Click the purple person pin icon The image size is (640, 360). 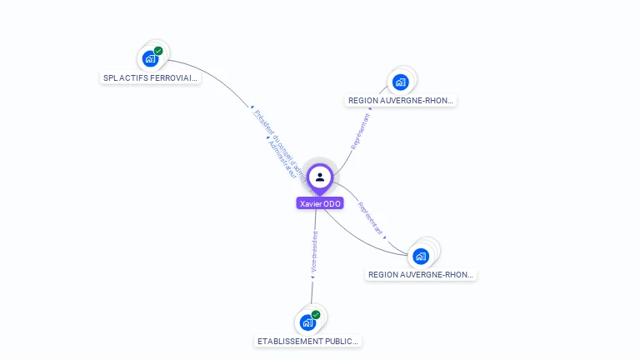point(320,177)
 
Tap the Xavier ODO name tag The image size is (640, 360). point(320,203)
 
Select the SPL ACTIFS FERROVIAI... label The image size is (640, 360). point(151,78)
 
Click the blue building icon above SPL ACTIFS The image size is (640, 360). point(150,58)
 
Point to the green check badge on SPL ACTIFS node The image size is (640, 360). point(158,51)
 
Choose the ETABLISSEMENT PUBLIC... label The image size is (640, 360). point(308,342)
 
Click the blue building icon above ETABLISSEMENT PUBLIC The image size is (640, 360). point(307,322)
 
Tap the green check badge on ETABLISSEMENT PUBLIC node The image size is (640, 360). point(316,315)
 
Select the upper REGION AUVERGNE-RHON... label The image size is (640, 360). point(401,101)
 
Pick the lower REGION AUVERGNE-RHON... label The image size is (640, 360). point(422,275)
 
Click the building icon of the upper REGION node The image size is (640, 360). point(401,82)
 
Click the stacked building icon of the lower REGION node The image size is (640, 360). point(421,255)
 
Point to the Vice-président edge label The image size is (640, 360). point(314,252)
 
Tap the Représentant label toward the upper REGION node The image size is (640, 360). point(362,131)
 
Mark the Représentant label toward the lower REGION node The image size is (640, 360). point(371,217)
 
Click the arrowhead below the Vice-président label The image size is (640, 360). point(312,277)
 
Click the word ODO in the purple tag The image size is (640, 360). point(332,203)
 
